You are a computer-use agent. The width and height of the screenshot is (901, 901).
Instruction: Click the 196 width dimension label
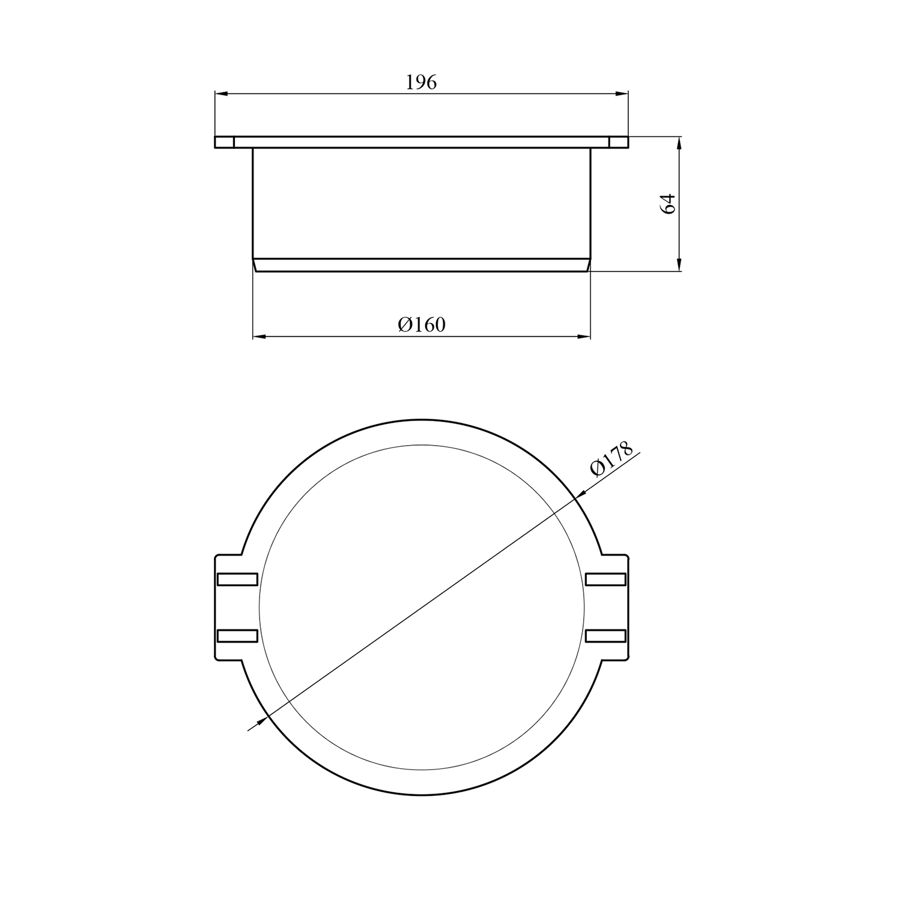click(422, 82)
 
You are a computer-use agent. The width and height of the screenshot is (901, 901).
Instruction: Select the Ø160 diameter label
click(422, 325)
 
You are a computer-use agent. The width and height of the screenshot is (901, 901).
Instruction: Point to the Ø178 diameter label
click(611, 459)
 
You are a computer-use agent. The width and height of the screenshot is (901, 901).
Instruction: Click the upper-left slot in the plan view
click(237, 579)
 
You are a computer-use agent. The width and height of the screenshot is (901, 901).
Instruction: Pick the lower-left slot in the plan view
click(237, 636)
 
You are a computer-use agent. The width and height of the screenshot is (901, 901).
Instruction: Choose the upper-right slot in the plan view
click(605, 579)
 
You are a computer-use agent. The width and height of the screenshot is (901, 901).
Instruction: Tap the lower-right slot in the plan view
click(605, 636)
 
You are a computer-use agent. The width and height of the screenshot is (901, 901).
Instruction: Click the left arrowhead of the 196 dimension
click(221, 94)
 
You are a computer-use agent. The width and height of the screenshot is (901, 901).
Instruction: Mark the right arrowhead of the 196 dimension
click(622, 94)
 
